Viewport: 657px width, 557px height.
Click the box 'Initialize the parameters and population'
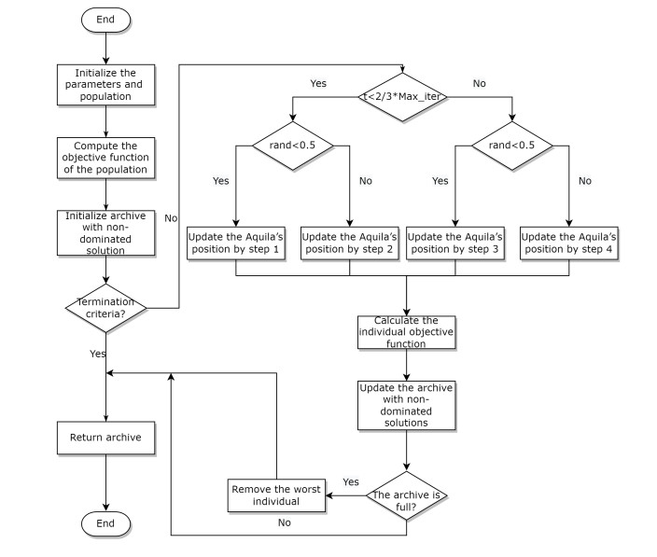tap(105, 85)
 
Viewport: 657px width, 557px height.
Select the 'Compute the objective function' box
tap(105, 156)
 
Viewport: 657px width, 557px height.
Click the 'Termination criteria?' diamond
tap(105, 307)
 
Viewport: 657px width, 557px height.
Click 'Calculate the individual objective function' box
tap(406, 332)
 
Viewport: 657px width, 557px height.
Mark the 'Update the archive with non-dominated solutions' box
tap(406, 403)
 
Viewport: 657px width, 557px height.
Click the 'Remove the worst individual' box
tap(276, 494)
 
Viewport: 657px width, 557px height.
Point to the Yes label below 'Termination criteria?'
tap(97, 355)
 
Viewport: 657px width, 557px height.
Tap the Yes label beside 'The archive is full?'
tap(351, 481)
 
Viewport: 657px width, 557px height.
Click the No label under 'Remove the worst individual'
tap(284, 522)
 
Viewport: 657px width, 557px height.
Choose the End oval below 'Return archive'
tap(105, 524)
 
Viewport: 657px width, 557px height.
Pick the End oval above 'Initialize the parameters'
tap(105, 18)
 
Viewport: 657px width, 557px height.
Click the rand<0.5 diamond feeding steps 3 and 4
tap(512, 146)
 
